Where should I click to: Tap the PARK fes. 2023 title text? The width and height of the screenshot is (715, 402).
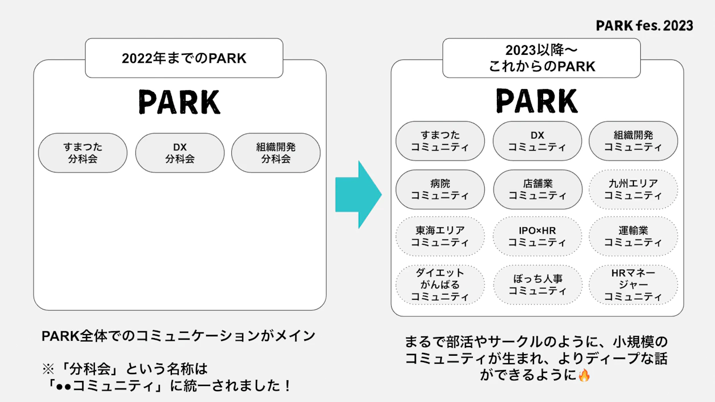click(x=644, y=26)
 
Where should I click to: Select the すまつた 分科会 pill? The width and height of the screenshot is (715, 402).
click(x=83, y=153)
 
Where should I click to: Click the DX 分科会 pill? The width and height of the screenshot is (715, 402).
click(x=180, y=153)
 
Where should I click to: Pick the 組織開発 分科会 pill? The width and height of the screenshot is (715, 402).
click(x=276, y=153)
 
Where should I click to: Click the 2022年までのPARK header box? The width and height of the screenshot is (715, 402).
click(x=184, y=58)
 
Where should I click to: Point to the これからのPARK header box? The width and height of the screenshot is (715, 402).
click(x=542, y=58)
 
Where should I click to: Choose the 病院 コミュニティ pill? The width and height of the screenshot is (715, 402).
click(x=440, y=190)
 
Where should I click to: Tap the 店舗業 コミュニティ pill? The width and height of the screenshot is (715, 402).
click(x=538, y=190)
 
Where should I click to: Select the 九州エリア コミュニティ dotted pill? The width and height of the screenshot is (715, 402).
click(x=633, y=190)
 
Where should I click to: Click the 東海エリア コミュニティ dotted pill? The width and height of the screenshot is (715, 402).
click(x=440, y=236)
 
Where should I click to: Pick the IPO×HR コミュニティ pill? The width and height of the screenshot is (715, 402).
click(x=537, y=236)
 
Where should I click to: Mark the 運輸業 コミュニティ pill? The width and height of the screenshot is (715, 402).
click(x=633, y=236)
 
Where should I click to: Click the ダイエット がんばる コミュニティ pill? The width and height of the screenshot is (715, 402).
click(x=440, y=285)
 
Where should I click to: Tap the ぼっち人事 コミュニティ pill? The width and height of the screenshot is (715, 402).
click(x=538, y=285)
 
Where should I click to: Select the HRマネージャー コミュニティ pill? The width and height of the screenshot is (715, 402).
click(x=633, y=285)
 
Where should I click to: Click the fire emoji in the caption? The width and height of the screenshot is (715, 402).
click(x=584, y=375)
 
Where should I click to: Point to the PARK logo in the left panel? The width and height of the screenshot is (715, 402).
click(x=179, y=102)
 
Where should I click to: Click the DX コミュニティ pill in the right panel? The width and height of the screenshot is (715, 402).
click(x=537, y=141)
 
